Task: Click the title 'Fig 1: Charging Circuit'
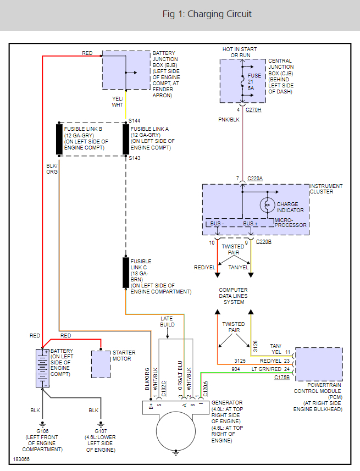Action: click(x=207, y=14)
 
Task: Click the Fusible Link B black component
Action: click(x=59, y=140)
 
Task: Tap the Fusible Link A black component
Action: click(x=126, y=140)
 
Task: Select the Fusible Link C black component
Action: click(x=126, y=272)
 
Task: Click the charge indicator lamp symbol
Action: click(x=267, y=204)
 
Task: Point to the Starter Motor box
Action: click(x=101, y=363)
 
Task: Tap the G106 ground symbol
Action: click(x=42, y=424)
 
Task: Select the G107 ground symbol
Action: click(x=101, y=424)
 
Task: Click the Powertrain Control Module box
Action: click(x=319, y=364)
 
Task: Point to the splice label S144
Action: click(x=135, y=120)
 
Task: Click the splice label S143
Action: click(x=135, y=158)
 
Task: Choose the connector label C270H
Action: click(x=253, y=110)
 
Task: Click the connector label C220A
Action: click(x=256, y=179)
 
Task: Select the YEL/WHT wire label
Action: click(x=118, y=102)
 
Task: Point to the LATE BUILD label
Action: click(x=167, y=322)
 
